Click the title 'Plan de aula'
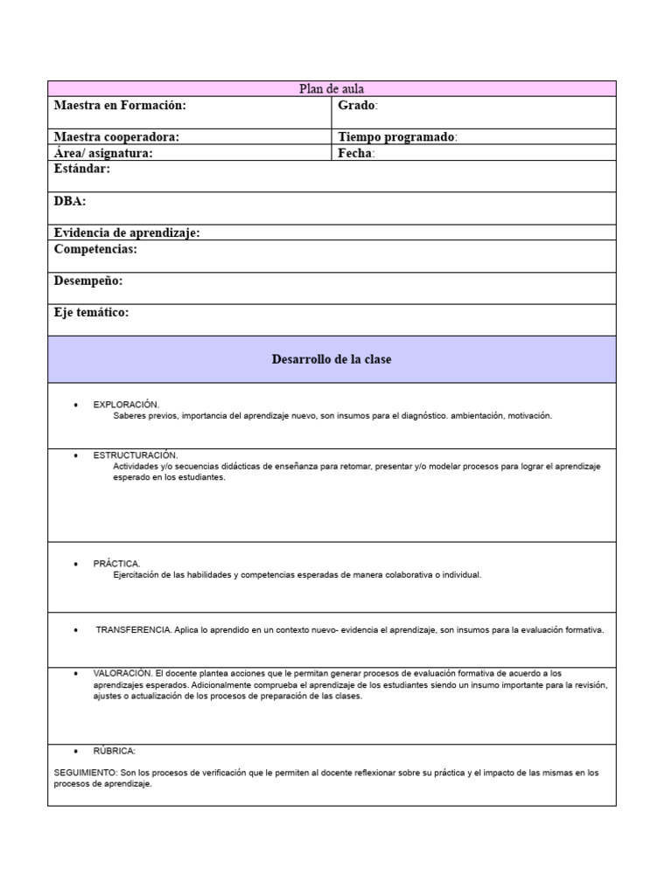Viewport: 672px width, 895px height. (x=332, y=89)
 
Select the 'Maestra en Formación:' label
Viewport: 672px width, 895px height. (x=120, y=106)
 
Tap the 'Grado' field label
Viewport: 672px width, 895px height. (x=356, y=106)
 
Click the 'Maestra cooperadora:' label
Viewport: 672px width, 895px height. (x=116, y=137)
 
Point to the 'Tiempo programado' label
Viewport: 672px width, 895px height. (x=395, y=137)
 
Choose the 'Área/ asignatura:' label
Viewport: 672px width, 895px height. (x=103, y=153)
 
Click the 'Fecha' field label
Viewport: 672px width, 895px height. (x=355, y=153)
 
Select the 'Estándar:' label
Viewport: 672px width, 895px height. (x=82, y=169)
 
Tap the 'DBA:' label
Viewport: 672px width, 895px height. (x=70, y=201)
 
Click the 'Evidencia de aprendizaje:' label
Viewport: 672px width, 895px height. (x=127, y=232)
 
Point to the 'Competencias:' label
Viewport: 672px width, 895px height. (x=95, y=249)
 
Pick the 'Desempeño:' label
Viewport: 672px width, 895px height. (x=88, y=281)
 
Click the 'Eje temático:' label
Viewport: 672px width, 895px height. (x=91, y=313)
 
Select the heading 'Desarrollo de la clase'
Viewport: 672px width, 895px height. (x=332, y=360)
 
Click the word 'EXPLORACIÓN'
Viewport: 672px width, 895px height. (x=125, y=405)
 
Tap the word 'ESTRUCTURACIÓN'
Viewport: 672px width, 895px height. (x=135, y=455)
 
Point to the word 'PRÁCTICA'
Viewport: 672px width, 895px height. (x=115, y=564)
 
